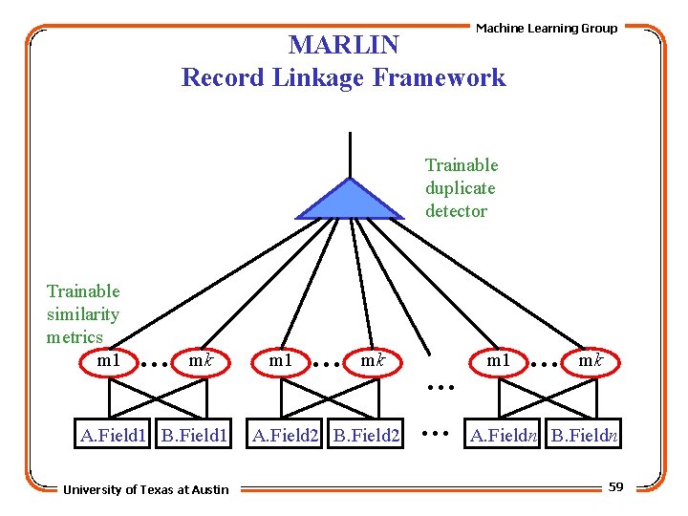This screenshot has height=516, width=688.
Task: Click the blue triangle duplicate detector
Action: (x=350, y=202)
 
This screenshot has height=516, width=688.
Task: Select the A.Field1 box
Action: (x=114, y=437)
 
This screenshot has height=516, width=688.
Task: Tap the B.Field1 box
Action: (x=194, y=437)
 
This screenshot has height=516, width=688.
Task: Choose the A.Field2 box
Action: (x=285, y=437)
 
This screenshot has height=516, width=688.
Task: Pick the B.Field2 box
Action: (x=366, y=437)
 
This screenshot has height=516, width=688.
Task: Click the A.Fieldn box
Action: (x=504, y=437)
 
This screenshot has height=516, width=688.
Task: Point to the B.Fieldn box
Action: (x=585, y=437)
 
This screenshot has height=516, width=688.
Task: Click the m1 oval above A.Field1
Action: (x=109, y=361)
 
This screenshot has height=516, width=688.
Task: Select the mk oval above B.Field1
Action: (x=200, y=361)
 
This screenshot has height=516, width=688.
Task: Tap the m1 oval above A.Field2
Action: (x=280, y=361)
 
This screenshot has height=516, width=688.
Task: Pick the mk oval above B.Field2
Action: (x=371, y=361)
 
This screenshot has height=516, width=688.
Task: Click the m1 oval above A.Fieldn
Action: (x=499, y=361)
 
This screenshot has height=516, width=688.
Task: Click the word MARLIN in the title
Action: (x=343, y=45)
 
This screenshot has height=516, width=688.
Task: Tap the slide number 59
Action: (x=615, y=487)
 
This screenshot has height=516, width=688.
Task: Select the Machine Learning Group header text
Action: (x=547, y=28)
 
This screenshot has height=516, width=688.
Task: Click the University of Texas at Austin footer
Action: (x=146, y=489)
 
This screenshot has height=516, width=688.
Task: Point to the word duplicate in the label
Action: (x=460, y=188)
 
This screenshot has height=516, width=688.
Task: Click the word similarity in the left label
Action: (x=83, y=313)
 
